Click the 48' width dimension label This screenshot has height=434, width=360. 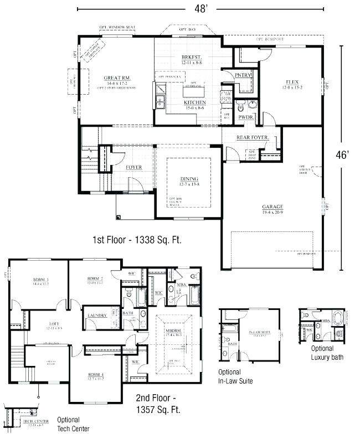201,9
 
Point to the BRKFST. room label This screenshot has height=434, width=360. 191,58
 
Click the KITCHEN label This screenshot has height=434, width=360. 194,102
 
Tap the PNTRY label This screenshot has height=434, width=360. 243,75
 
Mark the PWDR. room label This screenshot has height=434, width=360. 245,117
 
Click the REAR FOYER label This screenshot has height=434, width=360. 253,137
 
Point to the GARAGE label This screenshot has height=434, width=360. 272,207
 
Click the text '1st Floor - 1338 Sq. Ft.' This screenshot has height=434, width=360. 137,240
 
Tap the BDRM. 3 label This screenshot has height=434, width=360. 40,279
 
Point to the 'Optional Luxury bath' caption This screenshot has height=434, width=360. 326,353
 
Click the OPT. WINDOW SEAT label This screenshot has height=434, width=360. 117,27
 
